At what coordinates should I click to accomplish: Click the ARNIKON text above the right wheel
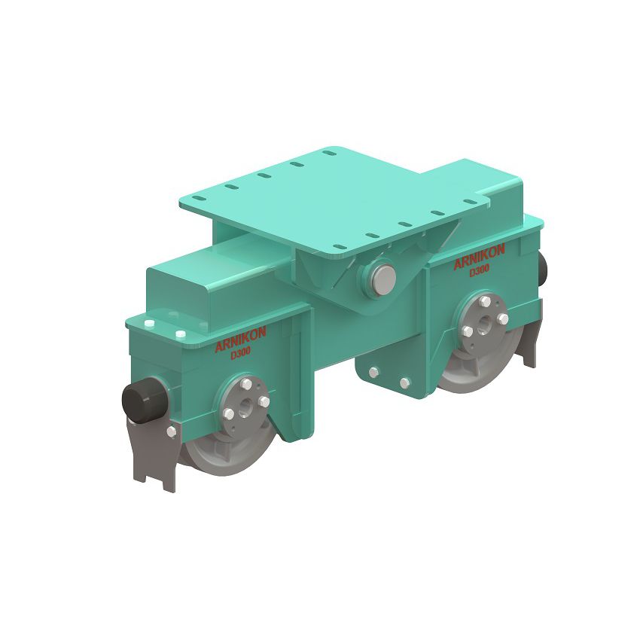click(479, 258)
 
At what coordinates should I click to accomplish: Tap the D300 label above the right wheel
click(480, 270)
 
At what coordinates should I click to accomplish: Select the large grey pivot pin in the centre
click(382, 278)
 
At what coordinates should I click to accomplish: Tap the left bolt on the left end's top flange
click(150, 324)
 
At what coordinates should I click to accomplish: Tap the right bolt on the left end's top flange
click(180, 334)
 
